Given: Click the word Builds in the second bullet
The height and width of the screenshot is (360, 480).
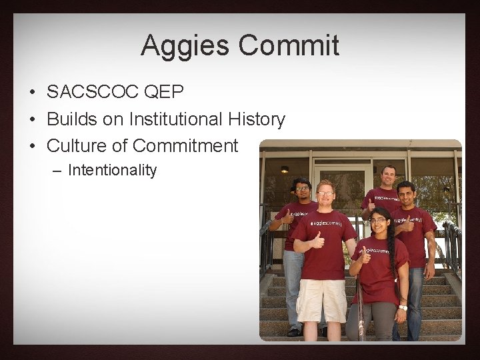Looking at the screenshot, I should (x=71, y=119).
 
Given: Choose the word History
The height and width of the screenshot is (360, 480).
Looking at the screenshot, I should (x=257, y=119).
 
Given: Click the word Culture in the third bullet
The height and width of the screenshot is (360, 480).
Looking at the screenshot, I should (x=77, y=145).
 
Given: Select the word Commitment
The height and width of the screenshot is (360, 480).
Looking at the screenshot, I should (x=185, y=145).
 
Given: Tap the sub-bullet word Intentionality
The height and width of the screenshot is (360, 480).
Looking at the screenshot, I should (x=112, y=170).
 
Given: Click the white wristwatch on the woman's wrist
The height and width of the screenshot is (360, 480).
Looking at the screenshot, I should (x=403, y=307).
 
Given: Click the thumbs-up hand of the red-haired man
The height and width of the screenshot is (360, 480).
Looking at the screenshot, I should (x=318, y=238).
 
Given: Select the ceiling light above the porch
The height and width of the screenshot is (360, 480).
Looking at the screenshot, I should (x=285, y=169).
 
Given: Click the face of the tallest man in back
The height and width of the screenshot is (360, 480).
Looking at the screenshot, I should (x=389, y=177).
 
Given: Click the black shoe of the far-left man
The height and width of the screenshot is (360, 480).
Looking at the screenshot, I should (x=294, y=331).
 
